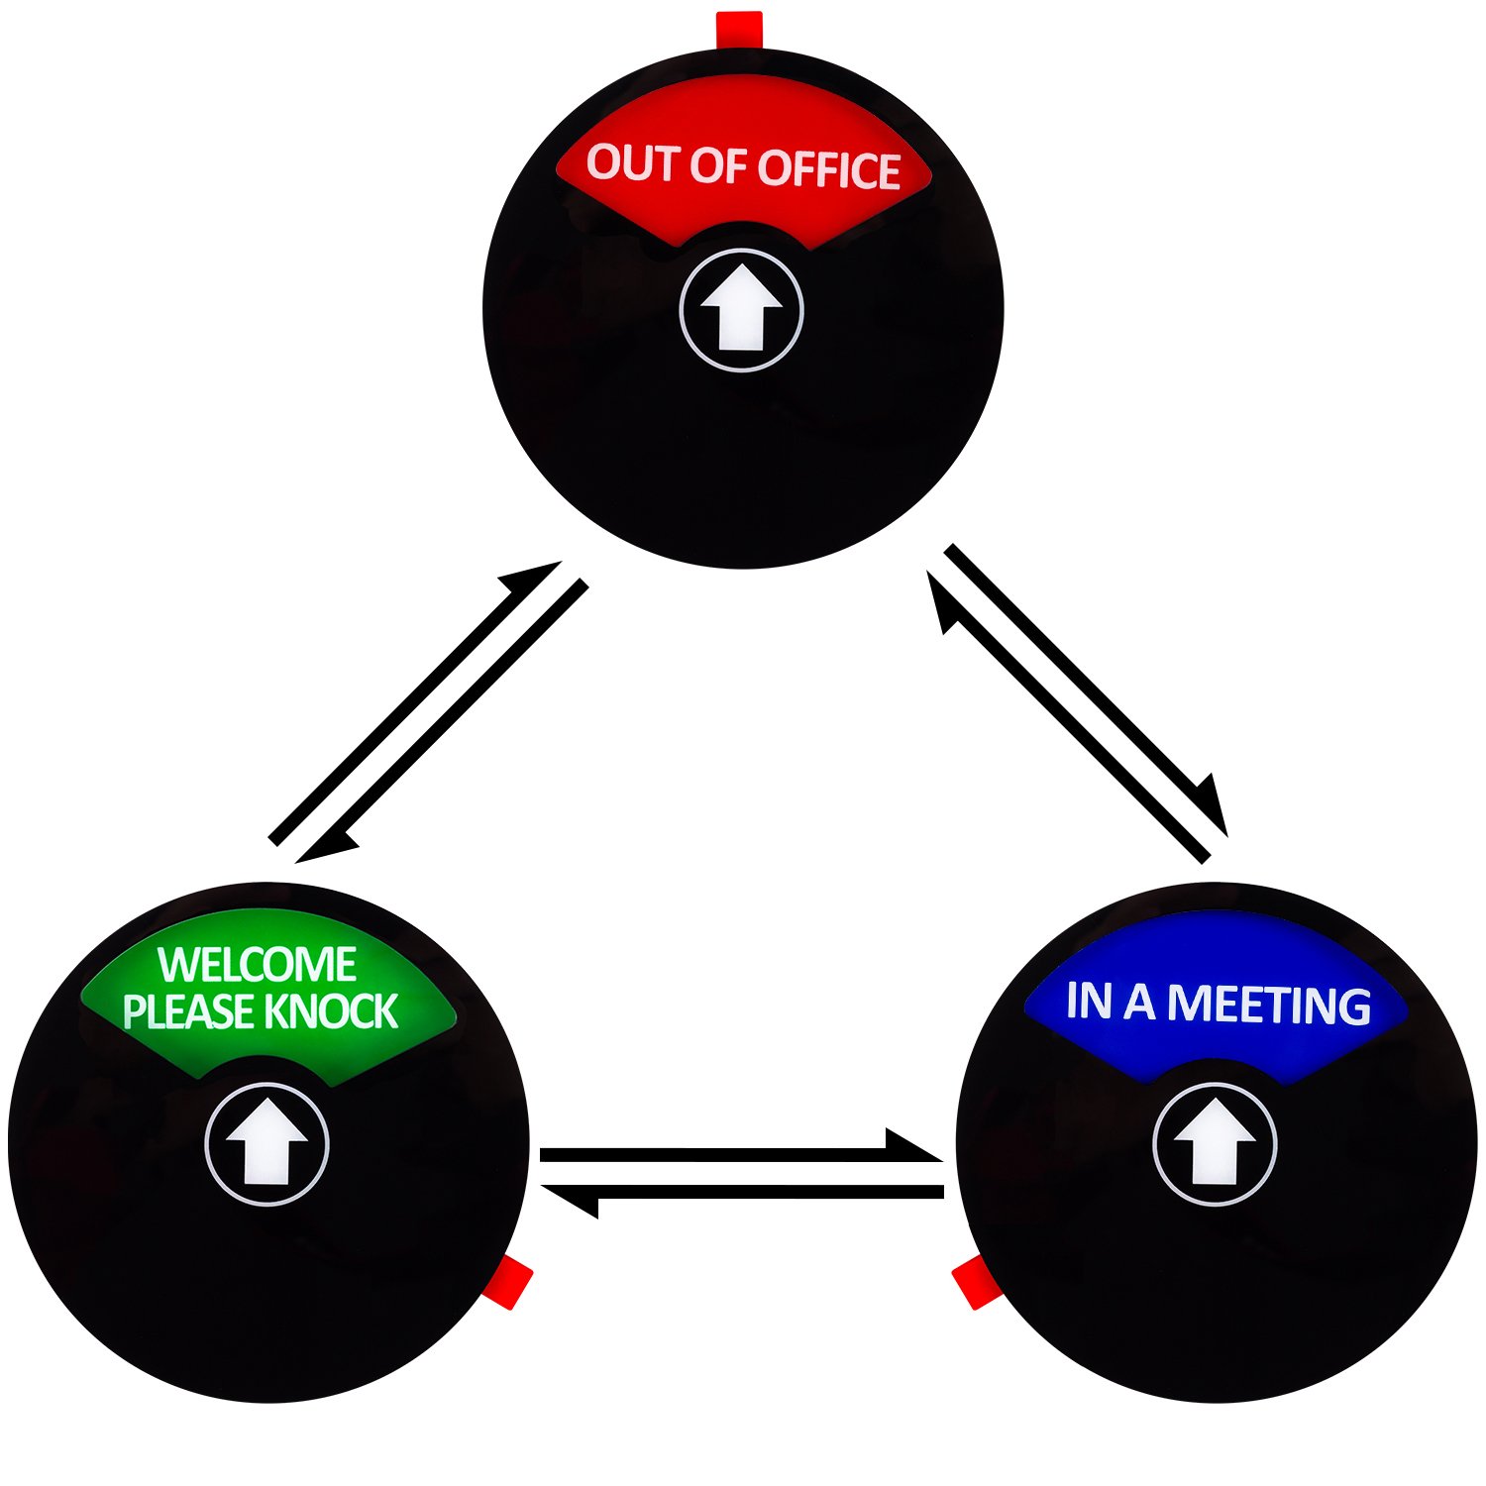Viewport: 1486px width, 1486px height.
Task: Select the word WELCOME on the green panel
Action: pyautogui.click(x=258, y=965)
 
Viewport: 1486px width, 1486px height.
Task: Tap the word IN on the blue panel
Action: pyautogui.click(x=1087, y=1001)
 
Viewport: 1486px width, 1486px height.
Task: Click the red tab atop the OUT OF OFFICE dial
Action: pyautogui.click(x=739, y=28)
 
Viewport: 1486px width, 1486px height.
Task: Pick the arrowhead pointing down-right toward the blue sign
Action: pyautogui.click(x=1212, y=807)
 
